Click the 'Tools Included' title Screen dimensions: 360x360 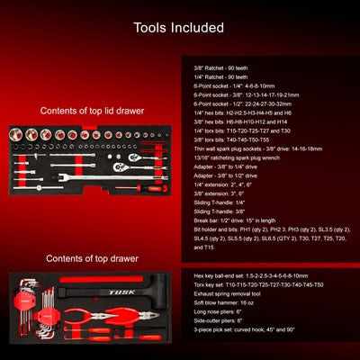pos(179,28)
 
